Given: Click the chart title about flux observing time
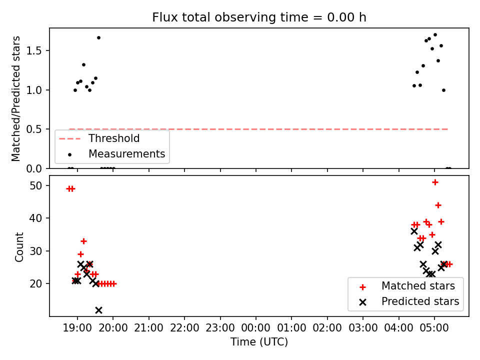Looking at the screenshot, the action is click(259, 17).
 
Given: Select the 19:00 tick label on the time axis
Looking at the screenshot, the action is click(77, 327).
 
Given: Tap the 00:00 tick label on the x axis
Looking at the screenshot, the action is click(255, 327).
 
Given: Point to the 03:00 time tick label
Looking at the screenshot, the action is click(363, 327).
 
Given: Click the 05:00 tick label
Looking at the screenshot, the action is click(434, 327).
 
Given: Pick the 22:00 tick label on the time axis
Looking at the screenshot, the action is click(184, 327).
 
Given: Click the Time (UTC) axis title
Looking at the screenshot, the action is click(259, 341).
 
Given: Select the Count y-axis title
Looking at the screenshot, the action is click(19, 246).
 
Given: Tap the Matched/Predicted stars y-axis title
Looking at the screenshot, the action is click(15, 98).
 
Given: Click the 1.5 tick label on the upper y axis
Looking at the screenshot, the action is click(33, 51).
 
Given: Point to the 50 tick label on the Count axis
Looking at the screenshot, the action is click(36, 185).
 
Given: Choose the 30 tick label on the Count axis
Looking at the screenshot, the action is click(36, 251).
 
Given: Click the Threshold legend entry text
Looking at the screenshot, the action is click(114, 138).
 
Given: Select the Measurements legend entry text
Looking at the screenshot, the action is click(126, 153).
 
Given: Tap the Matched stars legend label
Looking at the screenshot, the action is click(418, 286).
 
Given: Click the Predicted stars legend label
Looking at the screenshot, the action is click(420, 301).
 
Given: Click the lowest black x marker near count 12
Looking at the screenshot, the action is click(98, 310).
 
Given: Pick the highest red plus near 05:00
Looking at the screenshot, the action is click(435, 182).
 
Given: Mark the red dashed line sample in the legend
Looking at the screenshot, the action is click(70, 139).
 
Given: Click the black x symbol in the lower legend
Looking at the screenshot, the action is click(363, 302).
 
